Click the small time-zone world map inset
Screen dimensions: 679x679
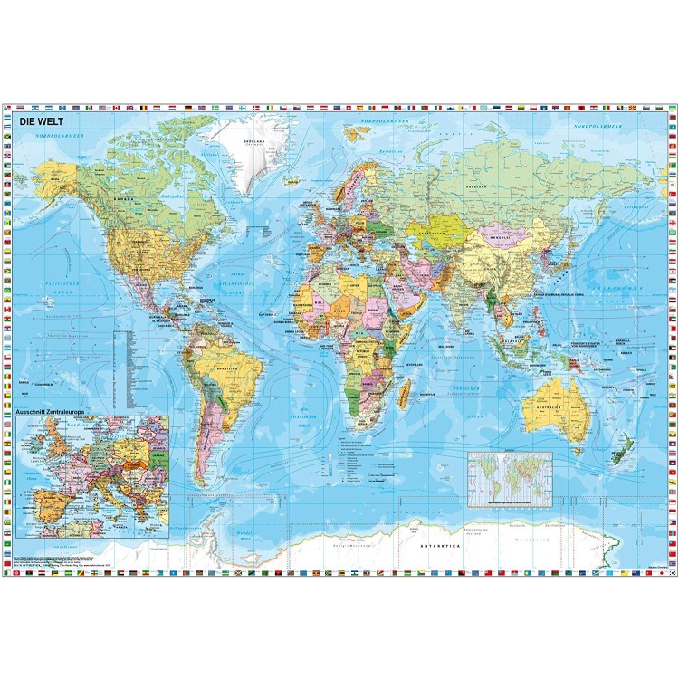508,479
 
